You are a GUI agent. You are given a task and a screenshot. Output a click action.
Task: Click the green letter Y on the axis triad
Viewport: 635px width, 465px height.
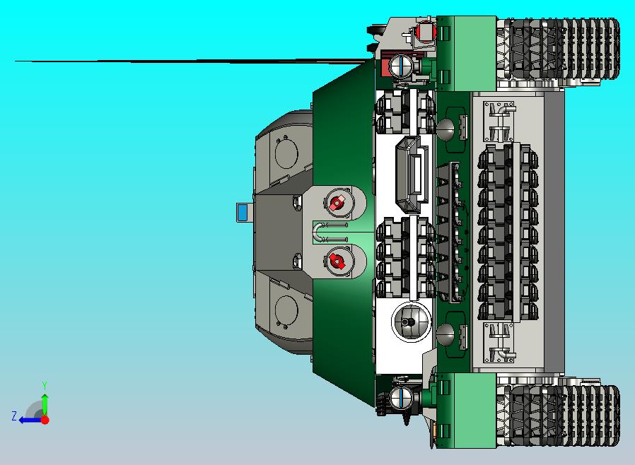45,385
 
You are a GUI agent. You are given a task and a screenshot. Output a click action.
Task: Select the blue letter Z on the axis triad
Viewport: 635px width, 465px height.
14,416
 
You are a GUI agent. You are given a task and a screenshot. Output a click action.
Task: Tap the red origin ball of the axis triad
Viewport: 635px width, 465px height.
45,420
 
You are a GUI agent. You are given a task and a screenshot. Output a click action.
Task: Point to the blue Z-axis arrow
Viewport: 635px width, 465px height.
28,420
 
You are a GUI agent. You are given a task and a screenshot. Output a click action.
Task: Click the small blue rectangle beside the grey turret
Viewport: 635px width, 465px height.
243,212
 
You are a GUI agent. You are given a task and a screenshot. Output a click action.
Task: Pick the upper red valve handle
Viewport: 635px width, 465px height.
337,204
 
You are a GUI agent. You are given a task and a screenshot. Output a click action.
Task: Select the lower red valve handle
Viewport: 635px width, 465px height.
337,262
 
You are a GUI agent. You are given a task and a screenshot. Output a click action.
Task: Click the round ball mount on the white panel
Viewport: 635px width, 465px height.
411,322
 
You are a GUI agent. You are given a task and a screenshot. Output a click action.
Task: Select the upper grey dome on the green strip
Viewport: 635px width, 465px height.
445,129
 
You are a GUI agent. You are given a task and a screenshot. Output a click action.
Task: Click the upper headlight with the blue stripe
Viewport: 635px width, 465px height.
401,66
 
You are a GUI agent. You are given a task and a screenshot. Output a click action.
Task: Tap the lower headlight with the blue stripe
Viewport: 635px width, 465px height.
401,398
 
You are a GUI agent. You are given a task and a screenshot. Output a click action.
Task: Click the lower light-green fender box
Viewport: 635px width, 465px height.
465,410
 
